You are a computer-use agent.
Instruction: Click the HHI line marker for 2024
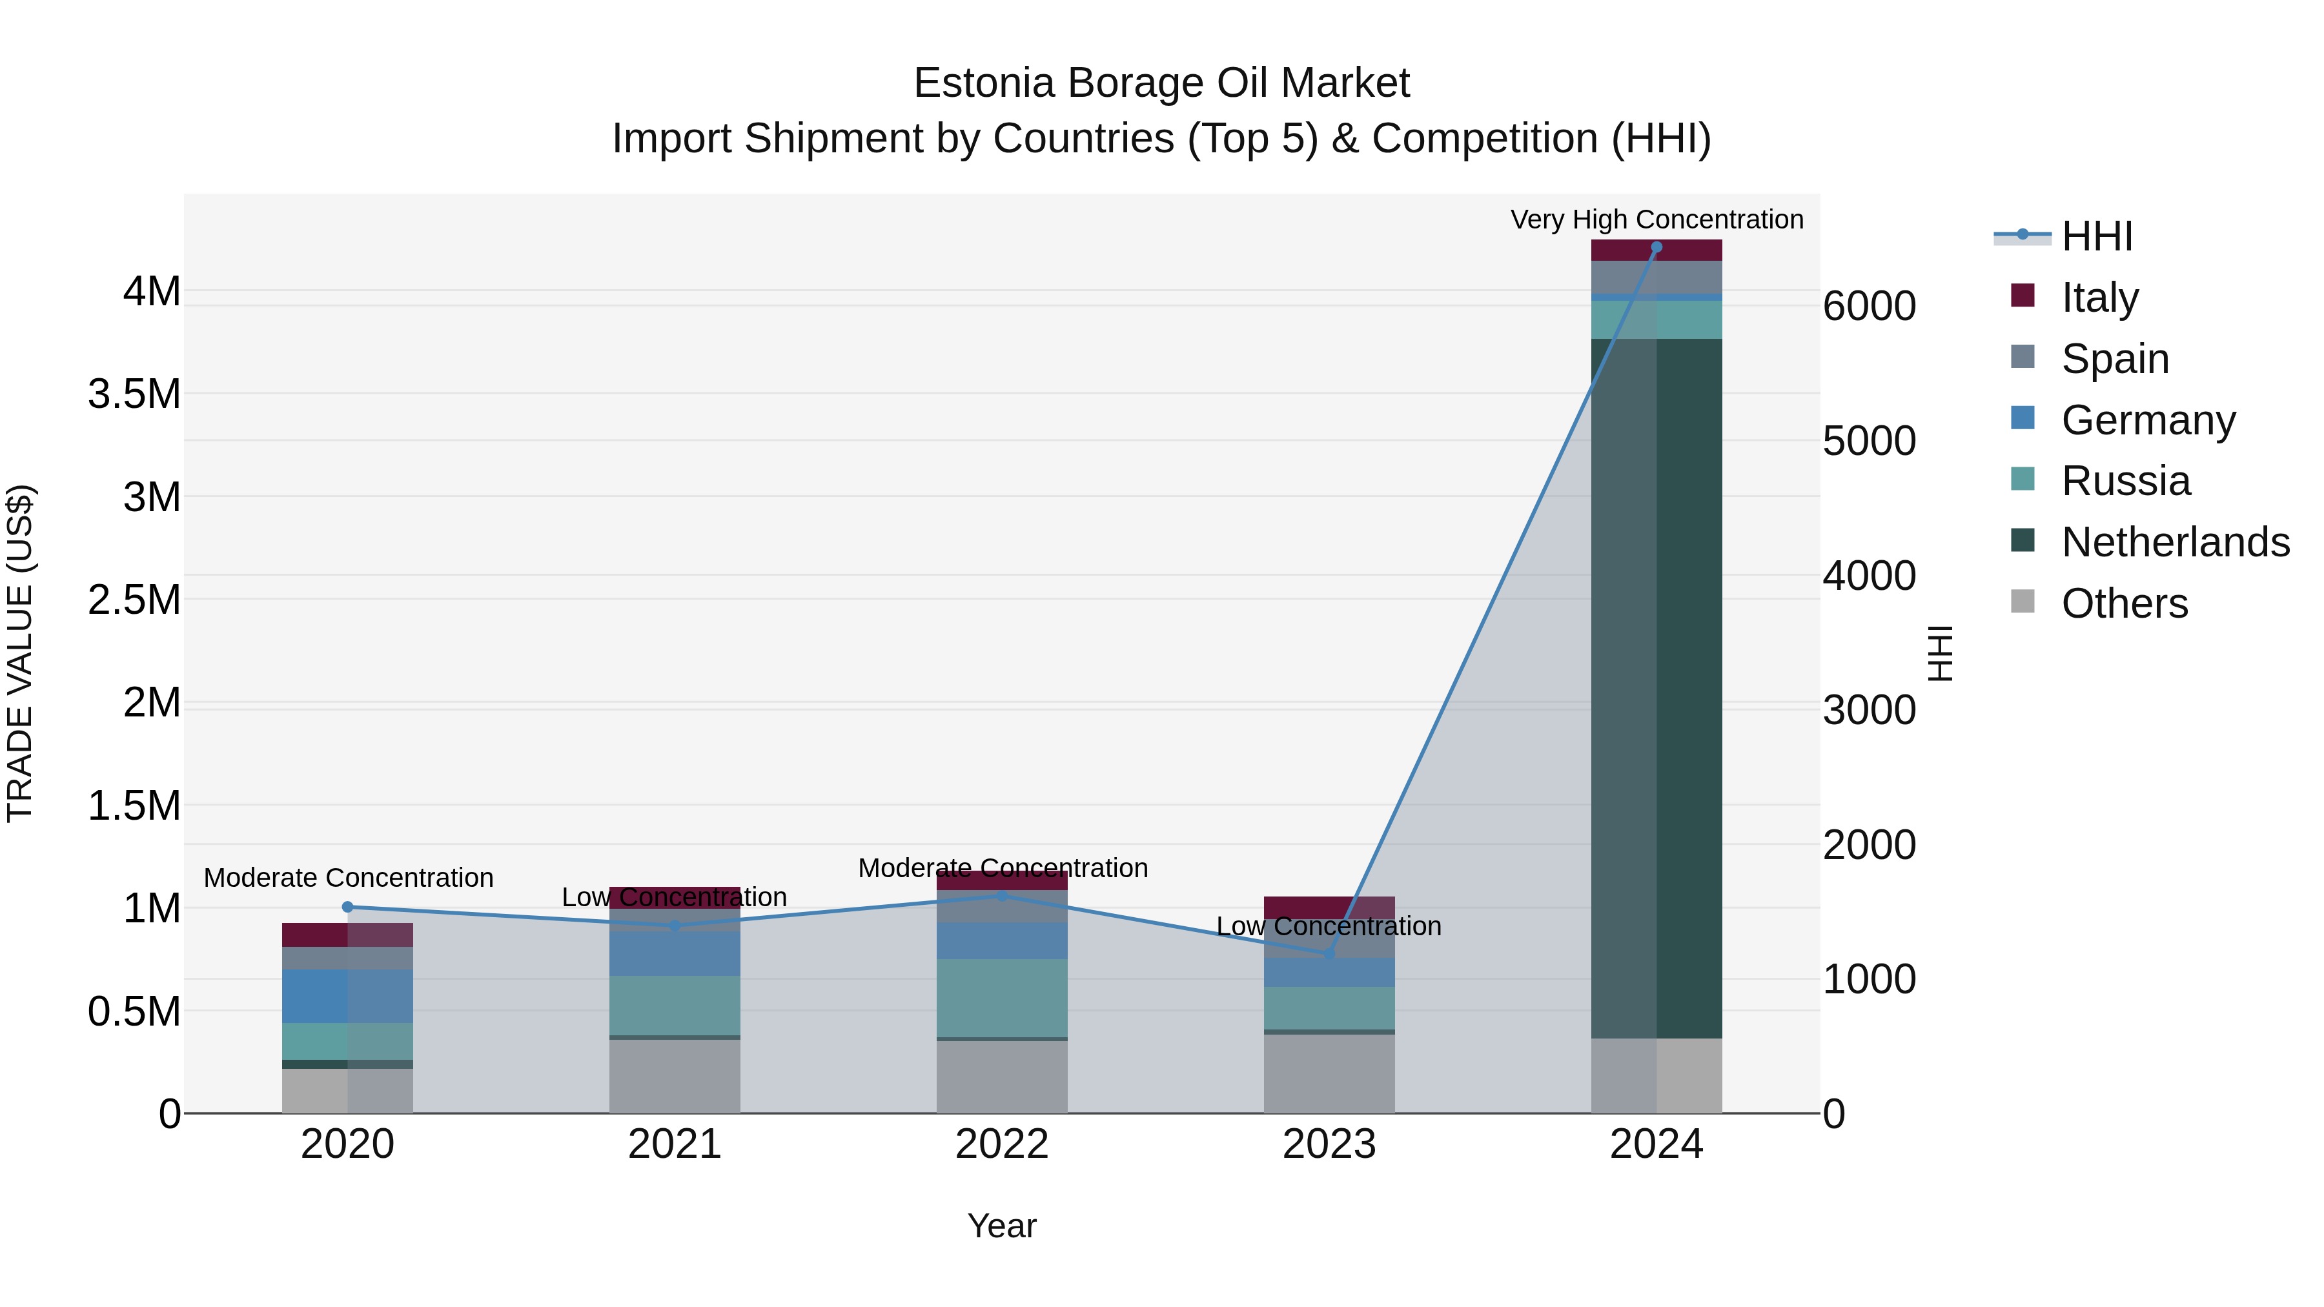click(x=1656, y=247)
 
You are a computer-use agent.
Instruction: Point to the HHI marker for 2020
click(x=347, y=907)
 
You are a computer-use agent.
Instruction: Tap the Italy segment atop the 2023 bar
click(x=1329, y=907)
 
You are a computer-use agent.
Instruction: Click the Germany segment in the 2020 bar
click(x=347, y=997)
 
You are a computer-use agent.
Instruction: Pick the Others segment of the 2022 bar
click(x=1001, y=1077)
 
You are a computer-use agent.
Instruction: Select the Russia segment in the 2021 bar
click(x=675, y=1006)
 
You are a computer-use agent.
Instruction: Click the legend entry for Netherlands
click(x=2175, y=542)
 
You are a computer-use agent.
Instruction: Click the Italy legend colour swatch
click(x=2023, y=296)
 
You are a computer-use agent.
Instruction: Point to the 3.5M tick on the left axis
click(x=134, y=394)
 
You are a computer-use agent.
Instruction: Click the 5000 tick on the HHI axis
click(x=1868, y=441)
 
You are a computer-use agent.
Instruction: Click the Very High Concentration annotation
click(x=1656, y=219)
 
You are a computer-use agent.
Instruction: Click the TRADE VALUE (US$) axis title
click(x=20, y=653)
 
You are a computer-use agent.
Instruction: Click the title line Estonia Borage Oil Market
click(x=1161, y=83)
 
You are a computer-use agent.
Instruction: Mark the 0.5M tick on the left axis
click(x=134, y=1012)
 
